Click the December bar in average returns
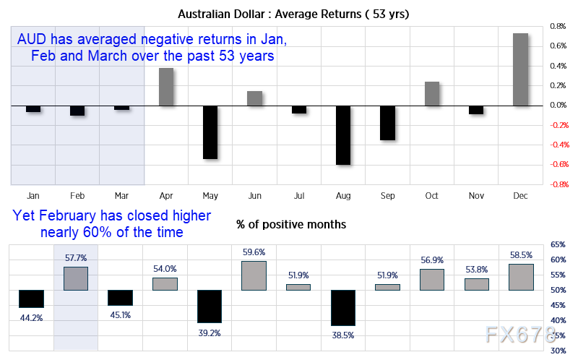coord(521,69)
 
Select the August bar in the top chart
coord(343,135)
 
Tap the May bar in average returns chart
coord(210,132)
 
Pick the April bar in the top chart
coord(165,87)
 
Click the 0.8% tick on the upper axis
coord(558,27)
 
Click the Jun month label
coord(254,195)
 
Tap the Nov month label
coord(476,195)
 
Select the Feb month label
coord(77,195)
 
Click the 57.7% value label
coord(76,258)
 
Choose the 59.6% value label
coord(254,252)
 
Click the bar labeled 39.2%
coord(210,307)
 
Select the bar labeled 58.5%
coord(521,277)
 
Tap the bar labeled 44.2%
coord(32,299)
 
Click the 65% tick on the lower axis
coord(558,245)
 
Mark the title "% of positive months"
coord(291,225)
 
